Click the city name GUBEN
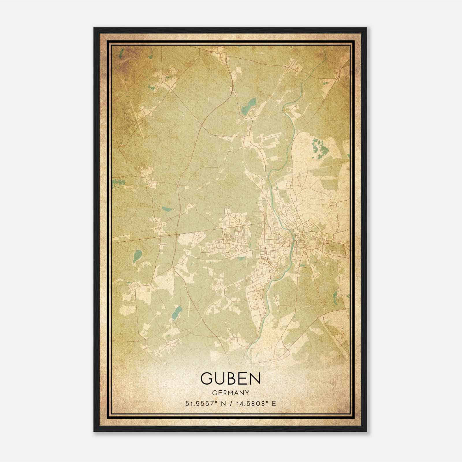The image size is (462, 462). tap(230, 378)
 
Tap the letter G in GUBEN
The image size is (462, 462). tap(207, 378)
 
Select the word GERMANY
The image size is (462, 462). tap(230, 393)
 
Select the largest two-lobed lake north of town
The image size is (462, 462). tap(249, 106)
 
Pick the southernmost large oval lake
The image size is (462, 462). tap(176, 312)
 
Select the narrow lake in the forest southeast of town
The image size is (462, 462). tap(336, 295)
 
